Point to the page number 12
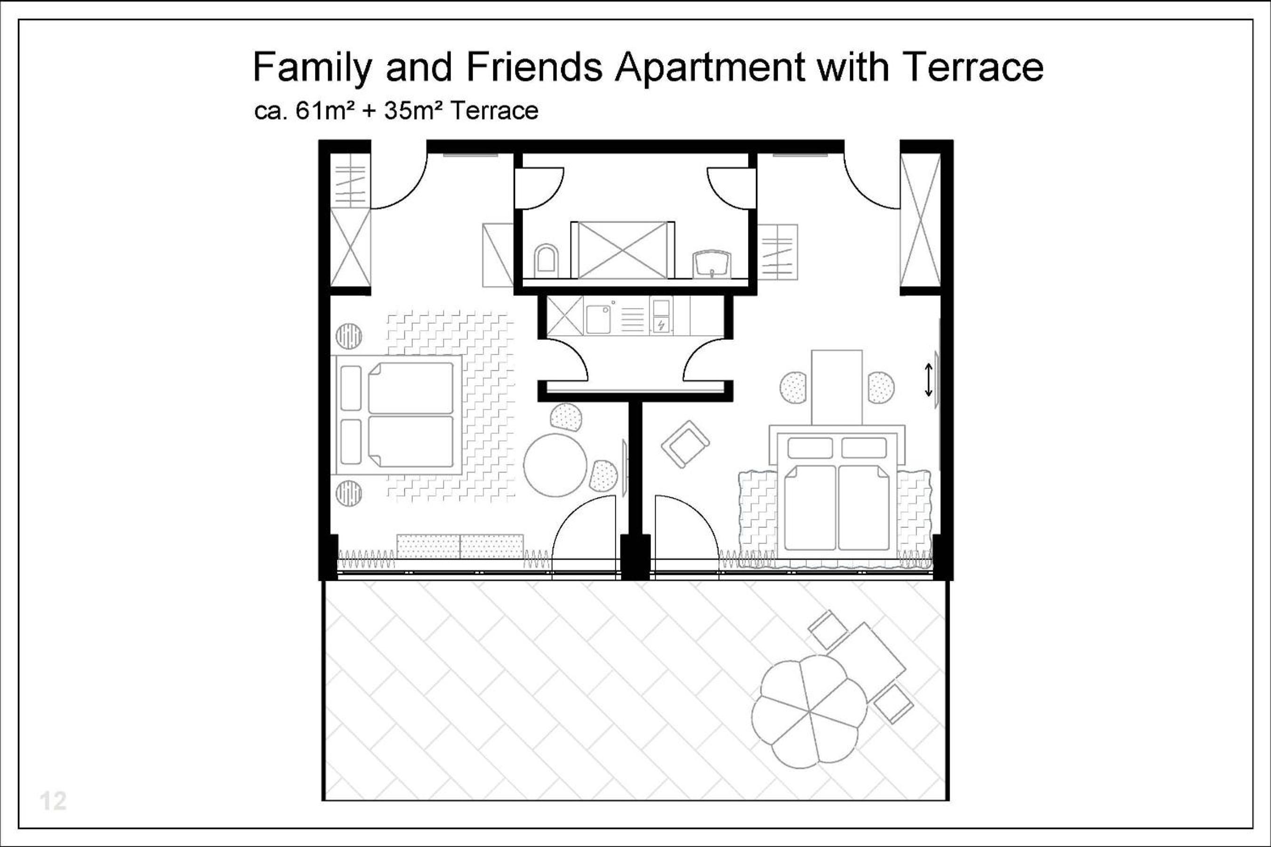click(x=53, y=801)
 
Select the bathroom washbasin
click(x=712, y=264)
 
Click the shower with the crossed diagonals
click(x=622, y=250)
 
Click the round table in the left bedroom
click(x=555, y=465)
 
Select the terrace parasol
click(x=808, y=711)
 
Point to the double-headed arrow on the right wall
click(x=928, y=380)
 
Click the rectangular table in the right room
click(x=837, y=387)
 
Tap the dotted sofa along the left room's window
click(x=460, y=546)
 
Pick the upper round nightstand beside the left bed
click(x=348, y=336)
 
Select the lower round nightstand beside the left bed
click(x=348, y=493)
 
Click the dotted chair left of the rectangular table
click(x=793, y=387)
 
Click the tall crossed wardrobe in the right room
click(x=920, y=220)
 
